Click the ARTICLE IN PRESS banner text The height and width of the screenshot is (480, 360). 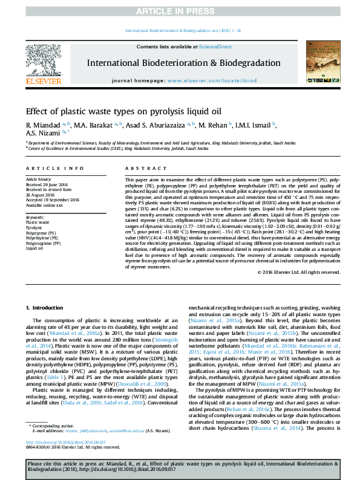180,11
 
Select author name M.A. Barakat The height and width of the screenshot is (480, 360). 105,125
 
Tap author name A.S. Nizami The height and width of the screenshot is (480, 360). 40,133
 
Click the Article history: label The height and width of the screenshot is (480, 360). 39,180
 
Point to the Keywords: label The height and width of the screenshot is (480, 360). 35,216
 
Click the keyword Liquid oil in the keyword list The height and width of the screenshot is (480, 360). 34,248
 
